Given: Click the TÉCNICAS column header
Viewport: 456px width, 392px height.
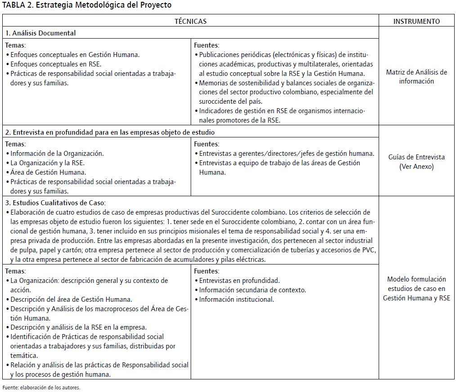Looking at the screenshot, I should (190, 21).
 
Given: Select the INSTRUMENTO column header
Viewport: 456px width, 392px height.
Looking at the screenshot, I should (416, 21).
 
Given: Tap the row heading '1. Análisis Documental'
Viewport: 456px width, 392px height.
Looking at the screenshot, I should (40, 33).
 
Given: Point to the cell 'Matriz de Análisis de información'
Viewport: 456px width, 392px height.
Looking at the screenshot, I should (416, 77).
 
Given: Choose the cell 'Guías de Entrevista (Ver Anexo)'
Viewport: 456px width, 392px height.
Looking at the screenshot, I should (416, 162).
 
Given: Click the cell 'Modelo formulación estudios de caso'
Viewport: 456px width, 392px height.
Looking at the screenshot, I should (416, 288).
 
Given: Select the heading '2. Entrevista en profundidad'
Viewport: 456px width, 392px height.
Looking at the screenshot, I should (110, 132).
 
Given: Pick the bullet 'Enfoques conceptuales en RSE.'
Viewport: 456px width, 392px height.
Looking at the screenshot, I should (56, 64).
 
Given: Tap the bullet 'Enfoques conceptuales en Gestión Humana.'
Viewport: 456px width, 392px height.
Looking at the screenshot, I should (75, 55).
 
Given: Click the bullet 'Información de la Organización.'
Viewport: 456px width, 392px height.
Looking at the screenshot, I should (57, 153).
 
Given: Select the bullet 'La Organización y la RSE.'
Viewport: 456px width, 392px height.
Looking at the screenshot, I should (47, 163).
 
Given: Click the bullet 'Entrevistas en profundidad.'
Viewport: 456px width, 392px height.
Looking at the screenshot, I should (239, 281).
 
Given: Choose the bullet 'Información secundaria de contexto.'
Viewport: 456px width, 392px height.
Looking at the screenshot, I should (252, 290).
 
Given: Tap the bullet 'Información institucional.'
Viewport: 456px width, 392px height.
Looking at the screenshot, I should (237, 300).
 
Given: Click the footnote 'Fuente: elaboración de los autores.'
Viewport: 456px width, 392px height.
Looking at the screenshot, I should (41, 387).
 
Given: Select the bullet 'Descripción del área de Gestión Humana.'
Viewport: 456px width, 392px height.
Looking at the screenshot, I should (71, 300).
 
